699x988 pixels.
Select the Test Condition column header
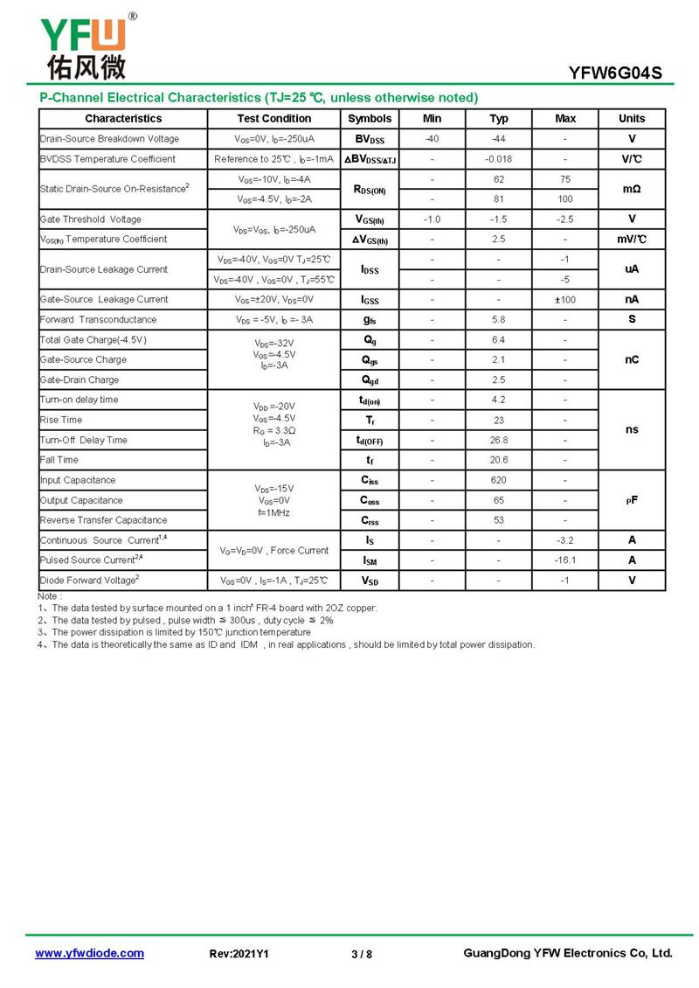(x=273, y=119)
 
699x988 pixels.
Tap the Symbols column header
(x=370, y=119)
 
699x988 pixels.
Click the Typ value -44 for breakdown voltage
(x=498, y=139)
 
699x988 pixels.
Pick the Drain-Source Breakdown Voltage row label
(x=109, y=139)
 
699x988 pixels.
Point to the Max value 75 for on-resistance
(x=565, y=179)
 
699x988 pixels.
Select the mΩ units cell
(x=632, y=189)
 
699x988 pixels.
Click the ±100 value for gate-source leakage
(x=565, y=300)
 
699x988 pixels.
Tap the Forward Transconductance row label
(x=98, y=320)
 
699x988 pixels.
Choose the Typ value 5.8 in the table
(x=498, y=320)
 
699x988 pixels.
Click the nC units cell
(x=632, y=359)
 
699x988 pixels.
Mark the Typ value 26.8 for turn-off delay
(x=498, y=440)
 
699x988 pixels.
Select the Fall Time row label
(x=59, y=460)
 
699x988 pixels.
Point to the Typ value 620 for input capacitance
(x=498, y=480)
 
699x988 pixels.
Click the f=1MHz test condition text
(x=273, y=512)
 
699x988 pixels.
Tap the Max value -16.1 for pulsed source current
(x=565, y=560)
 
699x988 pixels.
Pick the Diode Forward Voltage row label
(x=89, y=581)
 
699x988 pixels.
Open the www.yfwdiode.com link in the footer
(x=89, y=953)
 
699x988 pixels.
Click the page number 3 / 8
(x=361, y=954)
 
